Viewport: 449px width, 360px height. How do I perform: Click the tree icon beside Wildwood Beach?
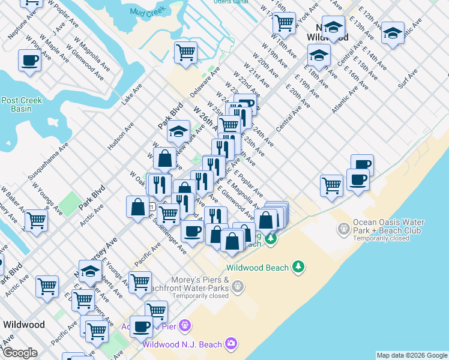pos(298,266)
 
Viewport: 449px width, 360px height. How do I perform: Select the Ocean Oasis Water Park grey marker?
pos(343,228)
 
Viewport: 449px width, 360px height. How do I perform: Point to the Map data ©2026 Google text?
pos(411,355)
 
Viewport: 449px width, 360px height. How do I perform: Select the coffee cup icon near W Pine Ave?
pos(29,60)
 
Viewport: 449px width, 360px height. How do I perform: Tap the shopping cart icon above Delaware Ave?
pos(186,52)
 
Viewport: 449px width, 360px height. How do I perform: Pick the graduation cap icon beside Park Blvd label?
pos(178,131)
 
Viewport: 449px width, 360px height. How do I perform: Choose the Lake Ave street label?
pos(132,94)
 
